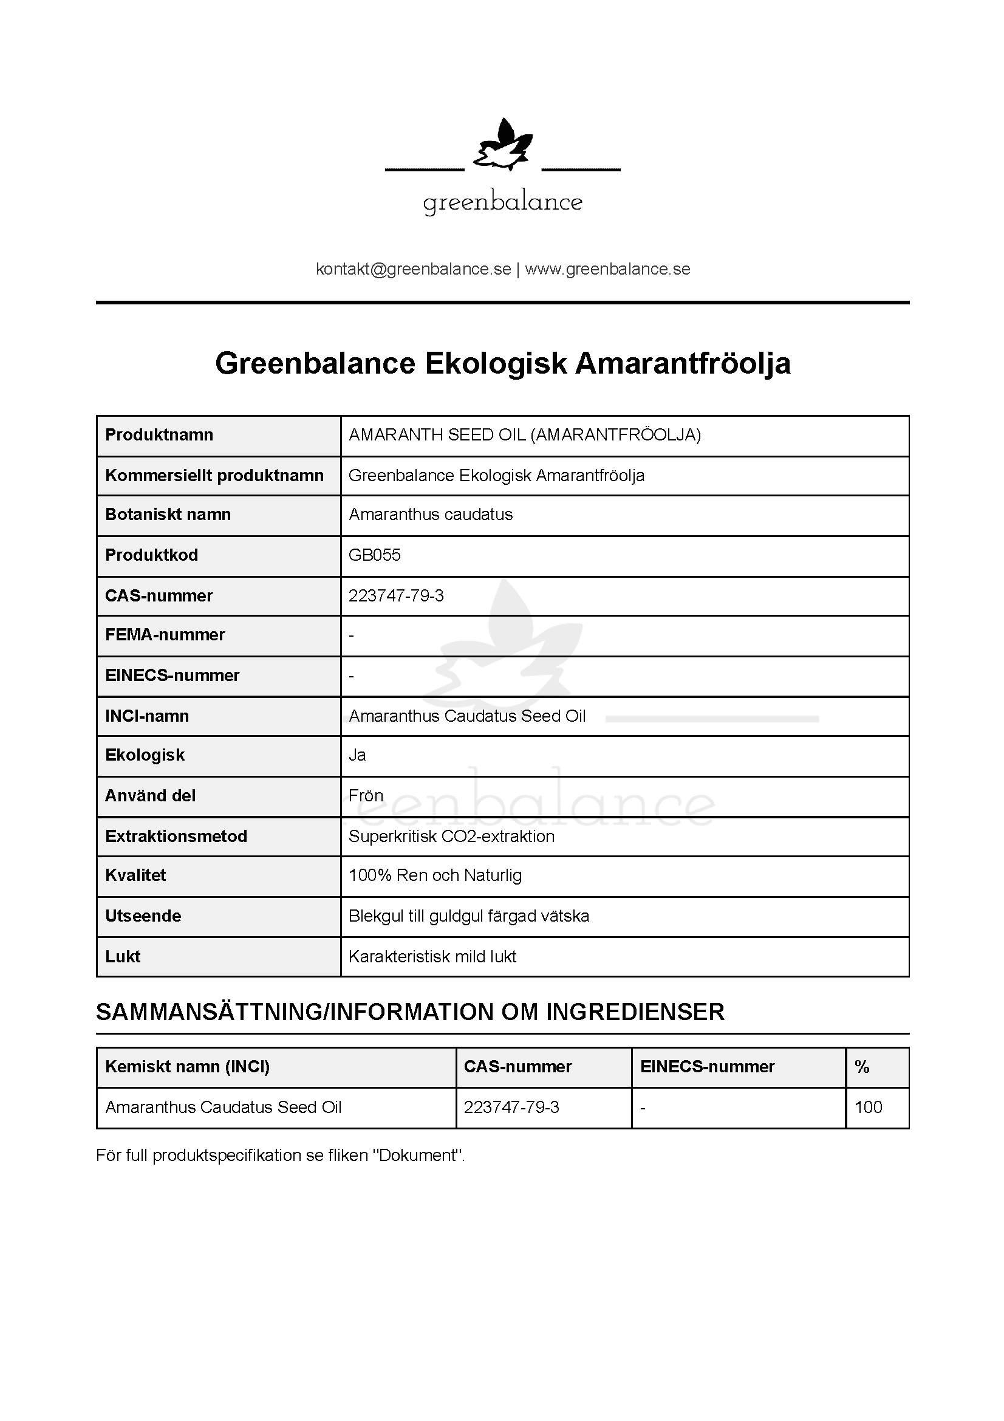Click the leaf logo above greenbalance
502,145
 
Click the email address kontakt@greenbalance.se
413,269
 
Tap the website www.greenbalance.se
607,269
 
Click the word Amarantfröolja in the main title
683,363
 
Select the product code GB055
374,555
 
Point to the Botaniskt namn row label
168,515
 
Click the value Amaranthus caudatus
431,515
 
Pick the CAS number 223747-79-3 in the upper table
396,596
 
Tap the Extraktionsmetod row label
176,837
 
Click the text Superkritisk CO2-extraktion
451,837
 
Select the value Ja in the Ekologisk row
357,755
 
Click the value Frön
366,796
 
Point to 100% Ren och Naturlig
435,876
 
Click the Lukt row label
123,957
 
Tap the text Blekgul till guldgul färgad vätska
468,916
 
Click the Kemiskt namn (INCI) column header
188,1067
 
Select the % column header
862,1067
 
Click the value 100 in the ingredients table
868,1108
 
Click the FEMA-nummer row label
165,635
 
